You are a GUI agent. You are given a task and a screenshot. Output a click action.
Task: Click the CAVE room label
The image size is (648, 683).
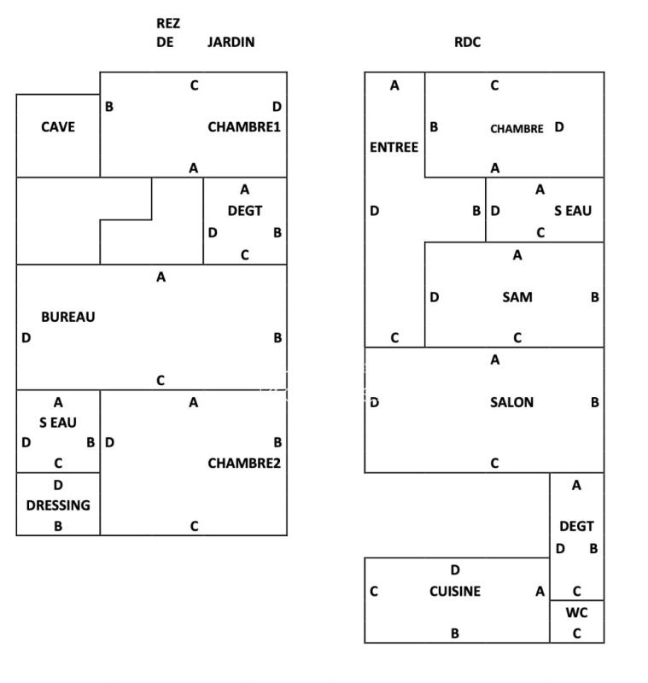tap(58, 127)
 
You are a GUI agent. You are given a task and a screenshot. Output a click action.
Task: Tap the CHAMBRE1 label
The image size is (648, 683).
tap(244, 127)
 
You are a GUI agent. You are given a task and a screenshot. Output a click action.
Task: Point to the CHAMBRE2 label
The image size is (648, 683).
tap(244, 464)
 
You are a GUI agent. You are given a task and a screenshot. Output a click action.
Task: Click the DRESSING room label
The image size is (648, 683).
tap(58, 505)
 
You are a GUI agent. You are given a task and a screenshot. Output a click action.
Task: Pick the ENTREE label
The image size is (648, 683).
tap(394, 147)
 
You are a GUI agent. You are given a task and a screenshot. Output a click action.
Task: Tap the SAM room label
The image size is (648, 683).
tap(517, 297)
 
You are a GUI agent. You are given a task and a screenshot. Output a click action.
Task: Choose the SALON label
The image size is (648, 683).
tap(511, 402)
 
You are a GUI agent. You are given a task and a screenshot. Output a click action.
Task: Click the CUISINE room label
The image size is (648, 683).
tap(455, 591)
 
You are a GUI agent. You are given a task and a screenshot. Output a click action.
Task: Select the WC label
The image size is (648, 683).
tap(576, 613)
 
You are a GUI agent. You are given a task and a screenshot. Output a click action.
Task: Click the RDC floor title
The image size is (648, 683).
tap(467, 42)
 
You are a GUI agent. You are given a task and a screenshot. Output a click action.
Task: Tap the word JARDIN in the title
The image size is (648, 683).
tap(231, 42)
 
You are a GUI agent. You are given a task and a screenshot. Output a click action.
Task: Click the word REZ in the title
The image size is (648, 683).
tap(168, 23)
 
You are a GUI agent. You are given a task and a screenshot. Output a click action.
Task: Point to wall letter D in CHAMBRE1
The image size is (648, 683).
tap(277, 107)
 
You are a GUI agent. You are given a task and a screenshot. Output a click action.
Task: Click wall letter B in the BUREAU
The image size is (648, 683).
tap(277, 338)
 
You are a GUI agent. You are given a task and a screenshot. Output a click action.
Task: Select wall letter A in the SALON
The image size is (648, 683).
tap(495, 360)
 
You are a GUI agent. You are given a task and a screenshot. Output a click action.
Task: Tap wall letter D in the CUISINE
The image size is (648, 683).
tap(455, 570)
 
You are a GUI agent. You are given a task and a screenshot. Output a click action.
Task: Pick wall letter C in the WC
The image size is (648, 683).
tap(576, 633)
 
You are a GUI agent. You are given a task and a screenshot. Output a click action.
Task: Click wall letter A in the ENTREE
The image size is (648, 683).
tap(394, 85)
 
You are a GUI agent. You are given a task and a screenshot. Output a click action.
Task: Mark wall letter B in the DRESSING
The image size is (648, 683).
tap(58, 526)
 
